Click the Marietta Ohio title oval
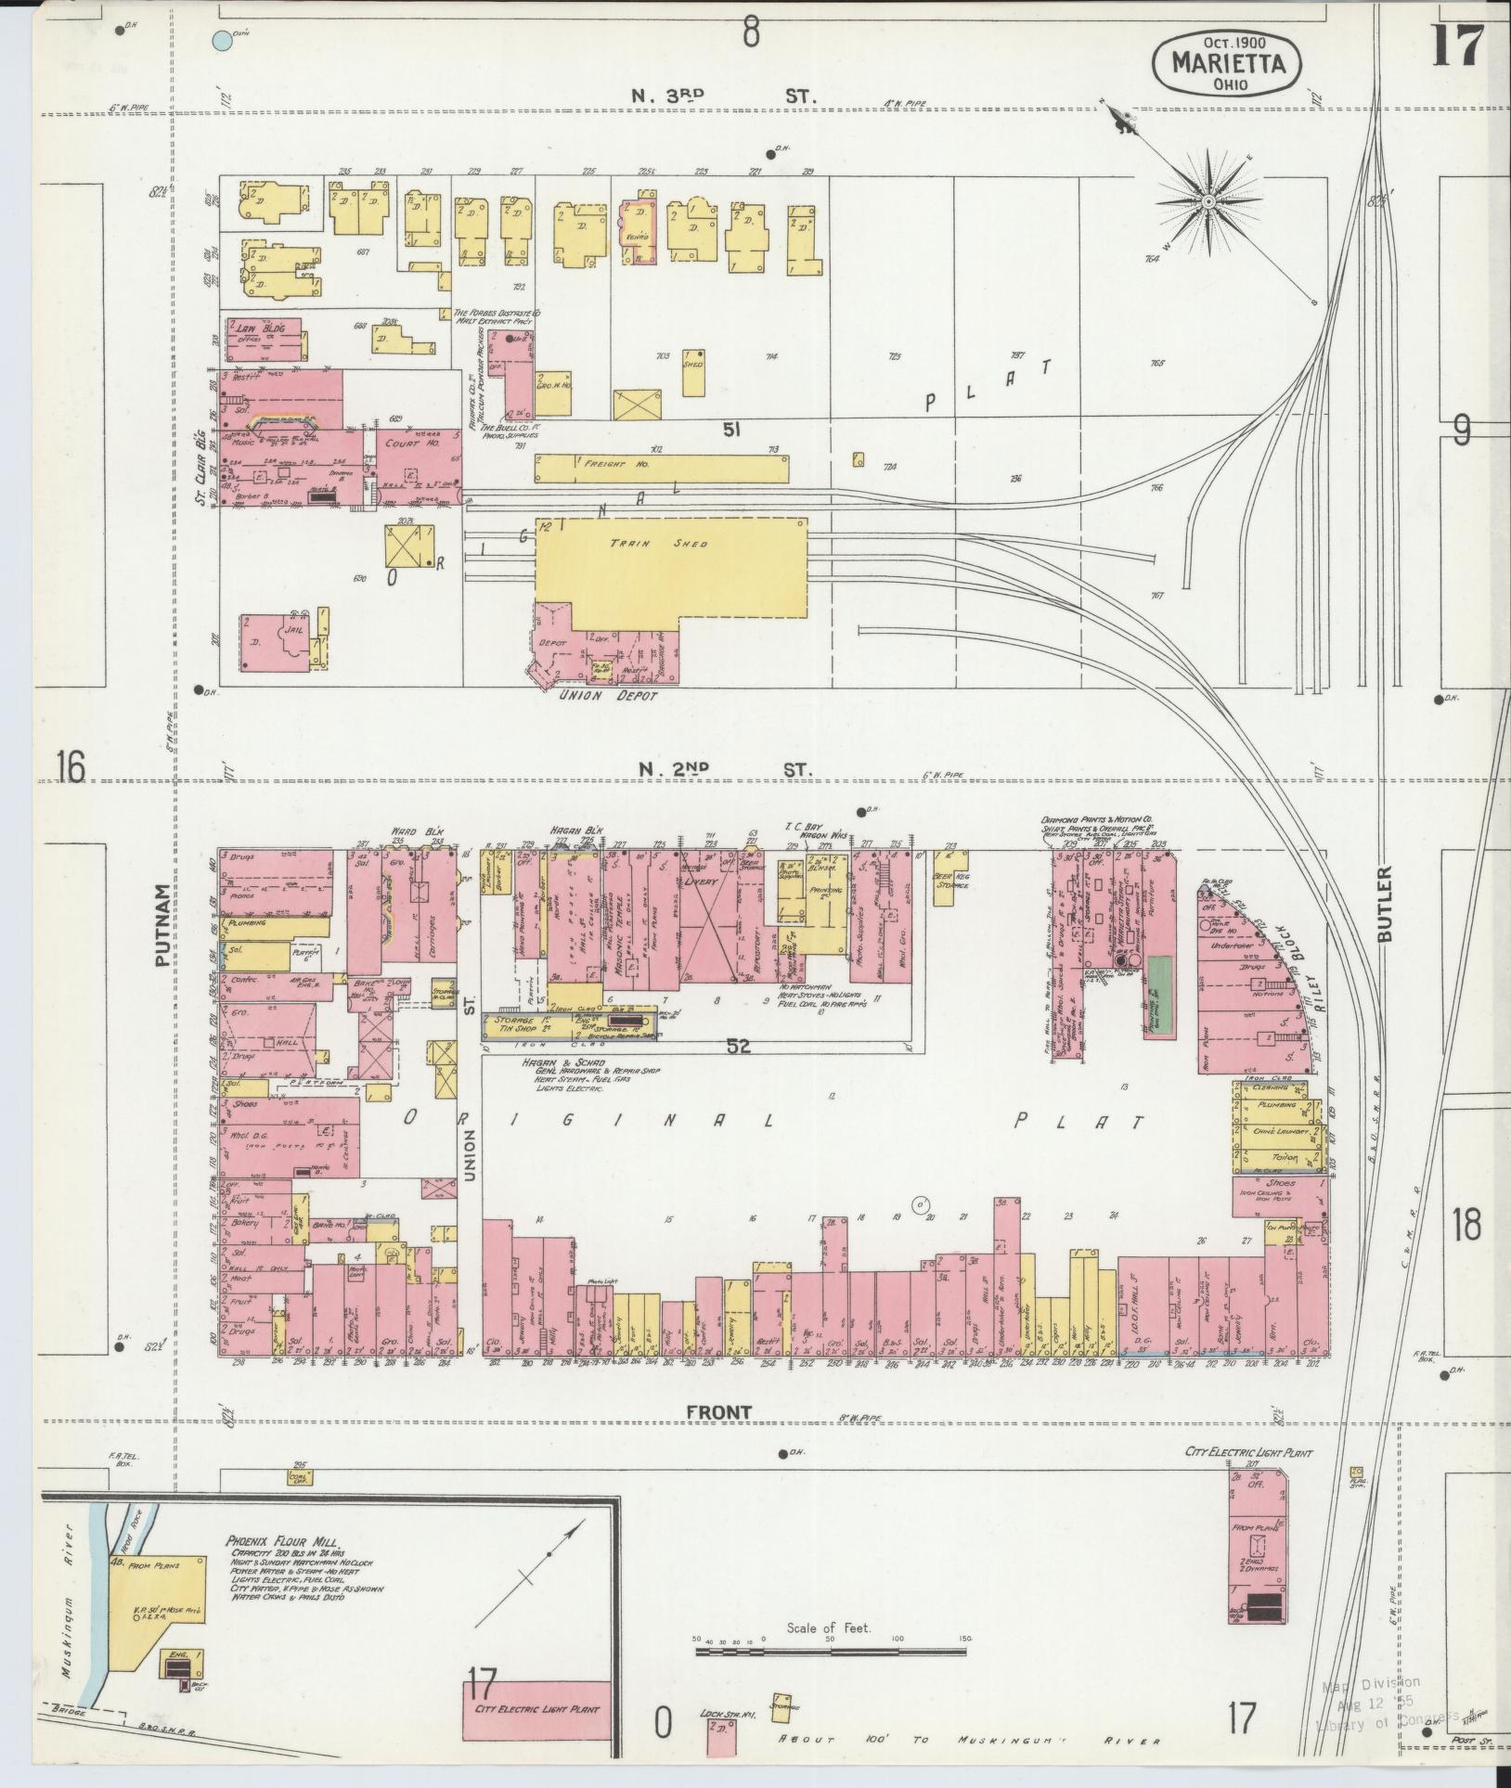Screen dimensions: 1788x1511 (1226, 62)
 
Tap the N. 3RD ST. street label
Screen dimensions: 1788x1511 (723, 96)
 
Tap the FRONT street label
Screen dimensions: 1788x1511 (718, 1438)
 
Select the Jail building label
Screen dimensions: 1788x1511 (294, 629)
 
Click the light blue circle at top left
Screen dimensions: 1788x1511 (221, 40)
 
